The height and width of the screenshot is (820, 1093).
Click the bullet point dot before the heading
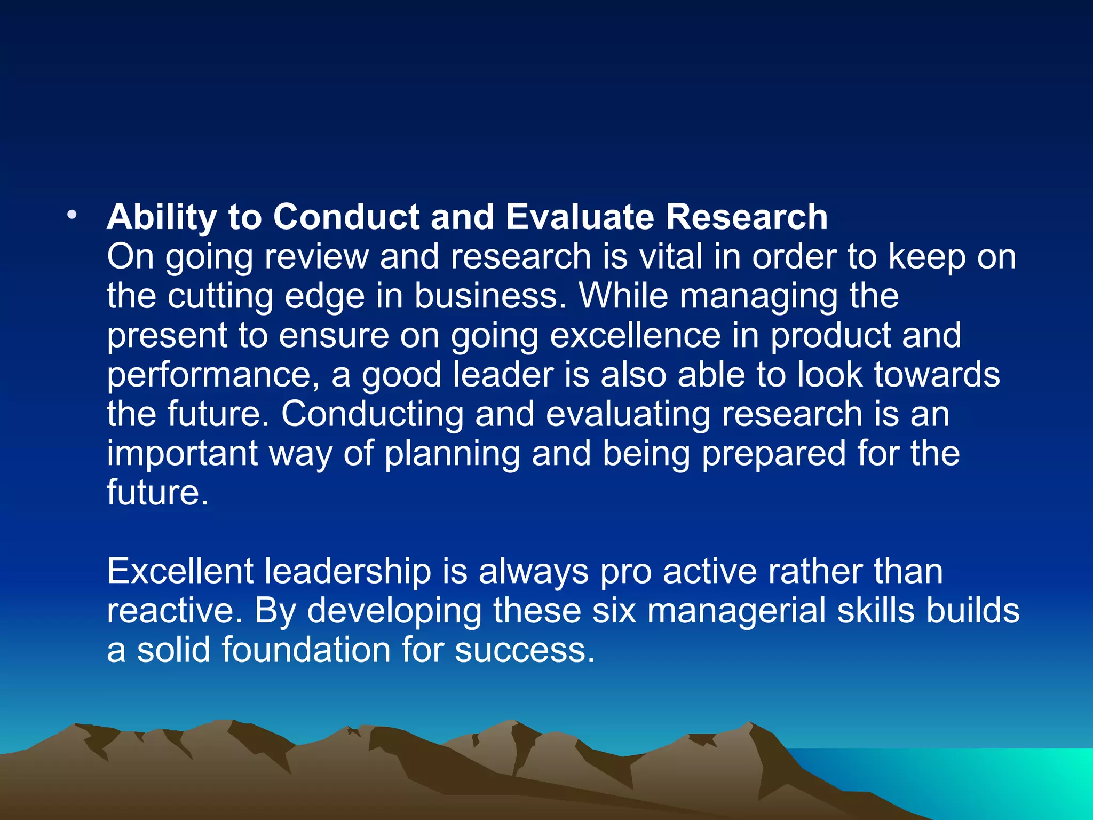(72, 216)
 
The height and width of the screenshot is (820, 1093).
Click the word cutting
(220, 297)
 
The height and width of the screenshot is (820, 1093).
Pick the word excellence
(635, 335)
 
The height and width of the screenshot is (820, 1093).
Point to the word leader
(503, 374)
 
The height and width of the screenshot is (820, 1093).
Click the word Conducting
(373, 414)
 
